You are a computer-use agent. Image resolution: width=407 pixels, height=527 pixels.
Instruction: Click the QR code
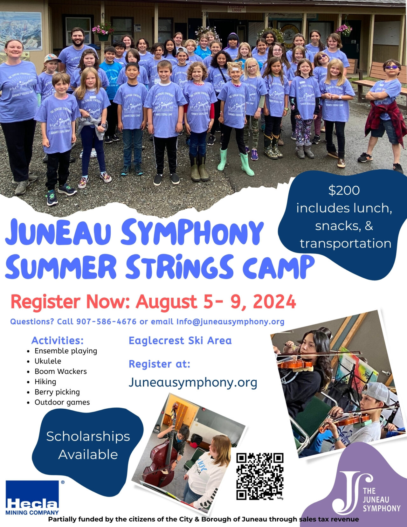(x=260, y=476)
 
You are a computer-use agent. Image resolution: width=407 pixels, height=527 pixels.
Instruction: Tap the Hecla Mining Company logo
(x=32, y=498)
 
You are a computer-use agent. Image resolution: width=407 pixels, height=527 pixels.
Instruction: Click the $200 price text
(x=344, y=191)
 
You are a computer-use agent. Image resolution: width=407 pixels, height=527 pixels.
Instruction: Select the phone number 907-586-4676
(x=106, y=322)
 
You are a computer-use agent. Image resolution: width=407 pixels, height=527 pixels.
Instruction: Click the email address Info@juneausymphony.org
(x=230, y=322)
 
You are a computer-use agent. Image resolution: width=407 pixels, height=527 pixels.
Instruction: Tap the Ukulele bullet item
(x=48, y=361)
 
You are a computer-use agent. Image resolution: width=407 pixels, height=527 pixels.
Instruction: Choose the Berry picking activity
(x=57, y=392)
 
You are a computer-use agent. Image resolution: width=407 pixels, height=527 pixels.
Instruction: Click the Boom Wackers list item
(x=60, y=371)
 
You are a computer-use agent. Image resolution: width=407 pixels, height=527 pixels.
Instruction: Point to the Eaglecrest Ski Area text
(x=180, y=341)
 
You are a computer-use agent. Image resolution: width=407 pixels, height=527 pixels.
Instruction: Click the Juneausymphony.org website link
(x=193, y=382)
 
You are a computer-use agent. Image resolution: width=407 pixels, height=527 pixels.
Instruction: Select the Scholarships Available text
(x=88, y=445)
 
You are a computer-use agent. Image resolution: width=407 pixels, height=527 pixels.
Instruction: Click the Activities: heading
(x=57, y=341)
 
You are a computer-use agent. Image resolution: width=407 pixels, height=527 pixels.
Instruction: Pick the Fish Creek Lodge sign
(x=237, y=9)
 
